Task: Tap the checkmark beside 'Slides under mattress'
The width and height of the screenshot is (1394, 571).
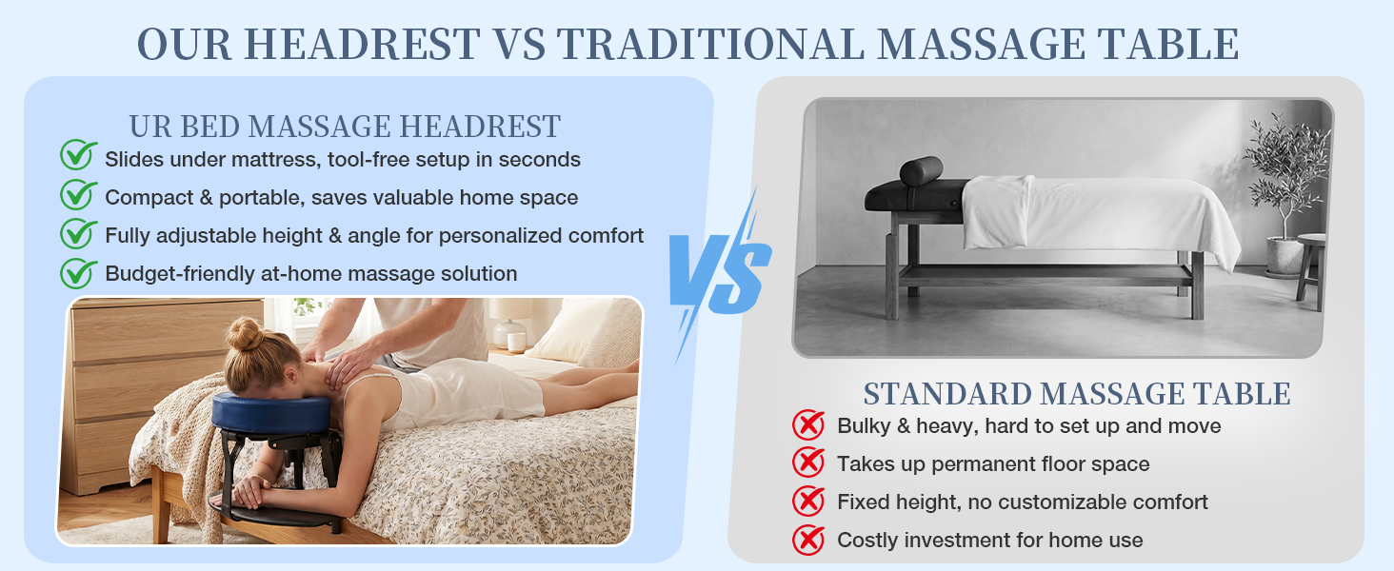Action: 78,155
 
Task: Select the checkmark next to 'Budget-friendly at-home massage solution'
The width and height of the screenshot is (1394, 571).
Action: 78,274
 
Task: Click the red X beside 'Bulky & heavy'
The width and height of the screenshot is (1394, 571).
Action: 808,425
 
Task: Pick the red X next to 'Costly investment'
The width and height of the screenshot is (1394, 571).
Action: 808,540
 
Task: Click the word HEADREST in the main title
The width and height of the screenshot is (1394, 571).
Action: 362,44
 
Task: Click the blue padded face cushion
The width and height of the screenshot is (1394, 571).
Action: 271,411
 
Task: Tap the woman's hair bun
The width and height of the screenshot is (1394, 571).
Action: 244,335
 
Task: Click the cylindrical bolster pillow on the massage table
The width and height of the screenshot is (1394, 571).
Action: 921,170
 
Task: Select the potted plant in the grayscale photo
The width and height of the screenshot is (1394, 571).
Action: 1285,193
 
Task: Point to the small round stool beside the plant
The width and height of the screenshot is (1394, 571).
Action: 1312,269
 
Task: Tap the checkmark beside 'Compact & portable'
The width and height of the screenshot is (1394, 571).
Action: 78,195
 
